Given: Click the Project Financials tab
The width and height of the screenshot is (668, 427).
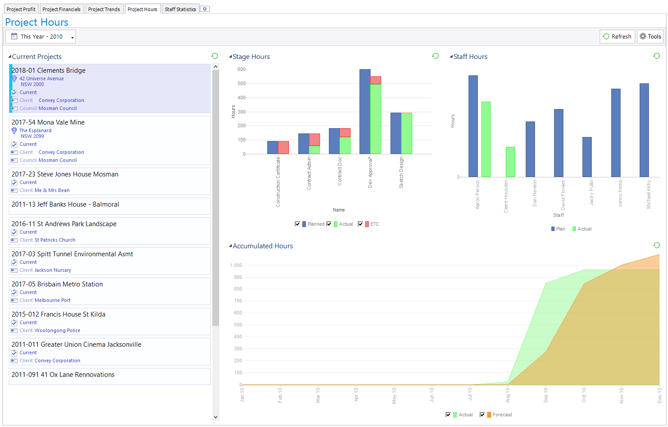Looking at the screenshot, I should coord(61,9).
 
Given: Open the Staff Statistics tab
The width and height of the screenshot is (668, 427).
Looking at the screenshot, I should coord(180,9).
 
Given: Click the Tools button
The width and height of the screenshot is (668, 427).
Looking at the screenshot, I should coord(650,37).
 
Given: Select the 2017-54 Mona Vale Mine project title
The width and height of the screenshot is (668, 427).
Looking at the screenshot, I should coord(48,122).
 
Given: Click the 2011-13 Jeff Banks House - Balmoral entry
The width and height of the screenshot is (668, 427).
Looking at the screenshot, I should coord(65,204).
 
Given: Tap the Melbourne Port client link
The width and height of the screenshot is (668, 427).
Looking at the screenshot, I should coord(52,300).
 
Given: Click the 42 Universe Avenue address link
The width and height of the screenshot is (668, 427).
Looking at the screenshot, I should coord(41,78).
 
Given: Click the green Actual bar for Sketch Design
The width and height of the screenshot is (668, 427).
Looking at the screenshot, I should coord(406,133).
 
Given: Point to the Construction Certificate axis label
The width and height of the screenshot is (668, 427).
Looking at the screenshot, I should coord(278,182).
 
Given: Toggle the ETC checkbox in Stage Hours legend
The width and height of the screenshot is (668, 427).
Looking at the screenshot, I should coord(360,224).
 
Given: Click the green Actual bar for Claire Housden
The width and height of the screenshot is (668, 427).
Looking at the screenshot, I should coord(510,162).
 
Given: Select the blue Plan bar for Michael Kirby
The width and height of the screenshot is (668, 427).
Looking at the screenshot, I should coord(644,130).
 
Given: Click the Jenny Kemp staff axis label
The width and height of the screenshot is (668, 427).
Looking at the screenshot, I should coord(620,193).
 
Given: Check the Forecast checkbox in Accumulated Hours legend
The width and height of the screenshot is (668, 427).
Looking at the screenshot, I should coord(482,415).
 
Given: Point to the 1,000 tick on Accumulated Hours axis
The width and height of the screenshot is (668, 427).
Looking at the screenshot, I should coord(236,265).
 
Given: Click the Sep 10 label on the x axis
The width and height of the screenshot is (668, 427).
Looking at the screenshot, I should coord(546,395).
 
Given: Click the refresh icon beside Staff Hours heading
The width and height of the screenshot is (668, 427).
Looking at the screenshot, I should coord(656,56).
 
